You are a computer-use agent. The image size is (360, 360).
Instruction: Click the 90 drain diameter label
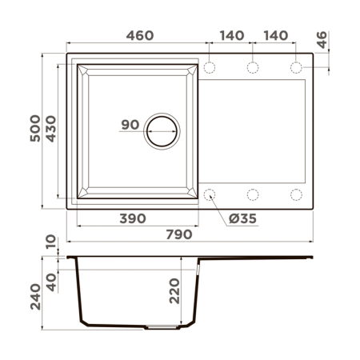[x=130, y=125]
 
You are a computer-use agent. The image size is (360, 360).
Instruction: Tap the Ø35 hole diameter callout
[x=242, y=218]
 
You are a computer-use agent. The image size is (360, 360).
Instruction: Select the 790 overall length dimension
[x=179, y=234]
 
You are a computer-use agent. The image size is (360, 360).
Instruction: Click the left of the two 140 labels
[x=230, y=35]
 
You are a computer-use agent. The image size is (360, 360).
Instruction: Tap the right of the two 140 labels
[x=274, y=35]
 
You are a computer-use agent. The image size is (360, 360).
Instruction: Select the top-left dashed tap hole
[x=210, y=66]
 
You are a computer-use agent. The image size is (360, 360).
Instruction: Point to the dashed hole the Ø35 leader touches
[x=210, y=194]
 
